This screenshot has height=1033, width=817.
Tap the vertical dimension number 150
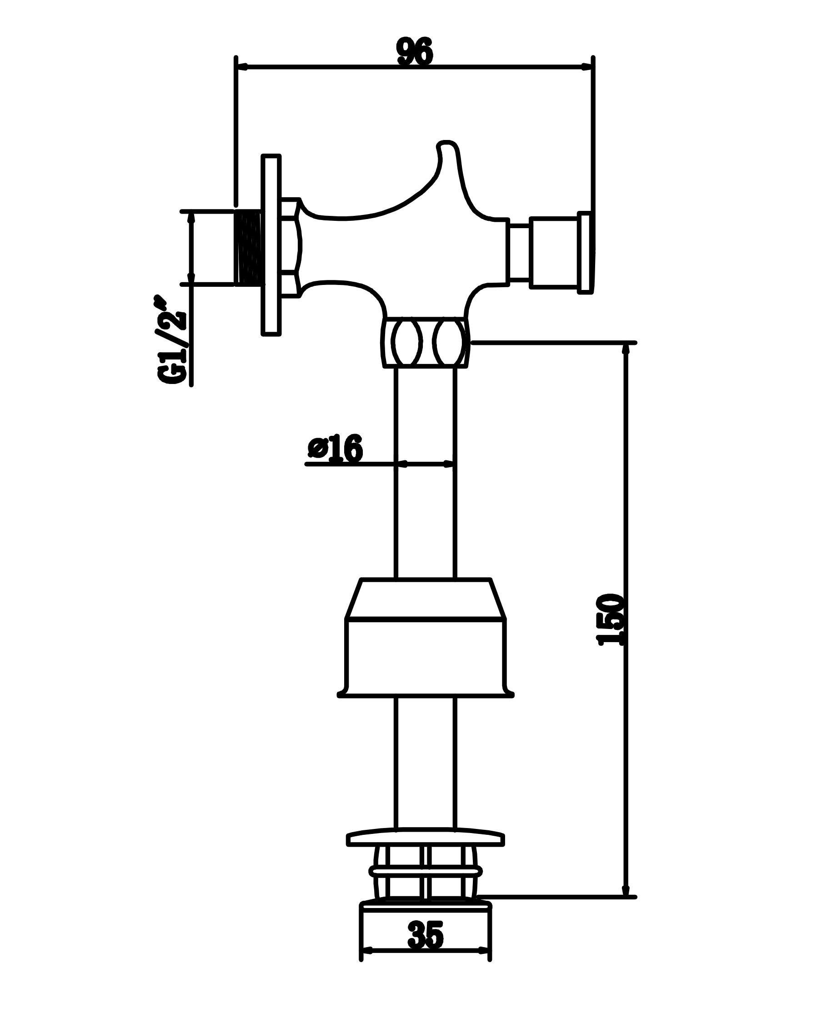point(611,620)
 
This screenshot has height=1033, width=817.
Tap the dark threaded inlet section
point(249,248)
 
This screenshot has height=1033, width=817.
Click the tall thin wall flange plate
point(271,245)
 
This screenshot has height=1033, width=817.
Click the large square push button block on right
point(554,252)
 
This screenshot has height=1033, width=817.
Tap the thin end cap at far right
point(586,252)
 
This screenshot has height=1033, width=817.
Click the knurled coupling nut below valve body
point(426,342)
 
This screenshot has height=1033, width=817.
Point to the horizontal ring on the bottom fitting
point(425,871)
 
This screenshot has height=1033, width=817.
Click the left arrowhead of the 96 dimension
point(242,67)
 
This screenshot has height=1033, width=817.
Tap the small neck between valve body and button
point(520,252)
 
